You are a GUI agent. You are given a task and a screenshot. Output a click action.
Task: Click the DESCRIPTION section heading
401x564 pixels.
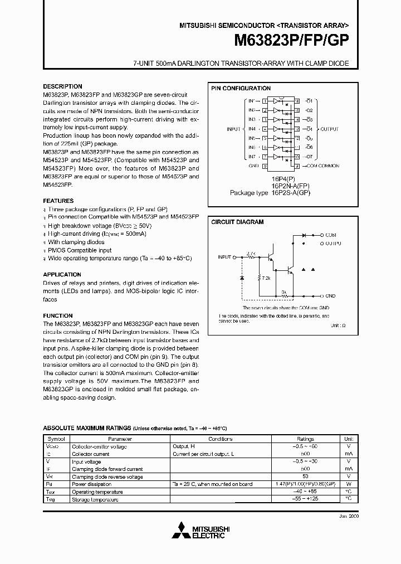point(62,86)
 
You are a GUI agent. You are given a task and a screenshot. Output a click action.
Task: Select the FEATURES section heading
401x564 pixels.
point(58,201)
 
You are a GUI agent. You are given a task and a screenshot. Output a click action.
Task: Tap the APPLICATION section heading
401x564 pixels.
point(62,275)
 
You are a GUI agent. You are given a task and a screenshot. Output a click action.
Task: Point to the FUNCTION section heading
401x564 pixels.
point(58,316)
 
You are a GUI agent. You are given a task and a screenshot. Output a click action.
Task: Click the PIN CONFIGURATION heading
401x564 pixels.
point(241,88)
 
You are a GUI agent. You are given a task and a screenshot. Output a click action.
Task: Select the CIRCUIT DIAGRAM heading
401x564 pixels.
point(237,222)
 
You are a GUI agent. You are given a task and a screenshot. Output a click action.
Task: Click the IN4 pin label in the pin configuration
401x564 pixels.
point(252,129)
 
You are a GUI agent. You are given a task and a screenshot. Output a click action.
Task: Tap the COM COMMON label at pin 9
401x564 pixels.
point(323,166)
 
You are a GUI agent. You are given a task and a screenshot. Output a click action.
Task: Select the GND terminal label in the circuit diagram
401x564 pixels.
point(330,296)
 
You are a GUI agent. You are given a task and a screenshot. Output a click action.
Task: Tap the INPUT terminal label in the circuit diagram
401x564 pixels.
point(224,257)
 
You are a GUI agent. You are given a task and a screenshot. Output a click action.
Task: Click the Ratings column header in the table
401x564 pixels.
point(305,439)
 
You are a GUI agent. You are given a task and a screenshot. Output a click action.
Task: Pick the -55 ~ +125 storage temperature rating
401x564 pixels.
point(305,499)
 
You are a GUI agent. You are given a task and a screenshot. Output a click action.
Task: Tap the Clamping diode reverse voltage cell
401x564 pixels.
point(107,477)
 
